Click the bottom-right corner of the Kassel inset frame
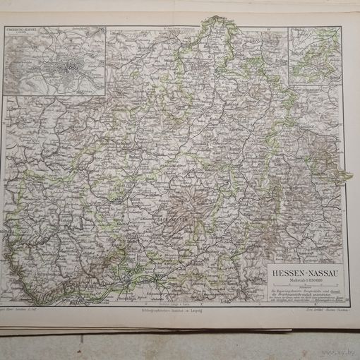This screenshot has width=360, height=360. [107, 96]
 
